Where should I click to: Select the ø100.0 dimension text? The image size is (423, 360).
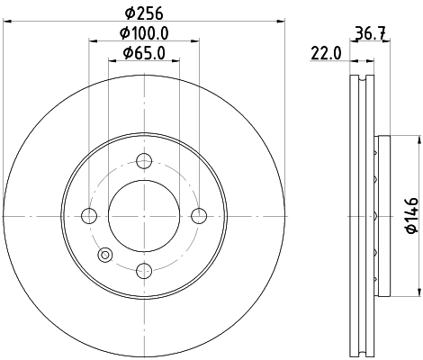(142, 33)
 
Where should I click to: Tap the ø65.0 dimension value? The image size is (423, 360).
(142, 53)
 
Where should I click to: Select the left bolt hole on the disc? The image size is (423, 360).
(89, 215)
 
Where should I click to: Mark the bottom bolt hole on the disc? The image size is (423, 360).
(142, 268)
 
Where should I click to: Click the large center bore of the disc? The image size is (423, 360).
(142, 215)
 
